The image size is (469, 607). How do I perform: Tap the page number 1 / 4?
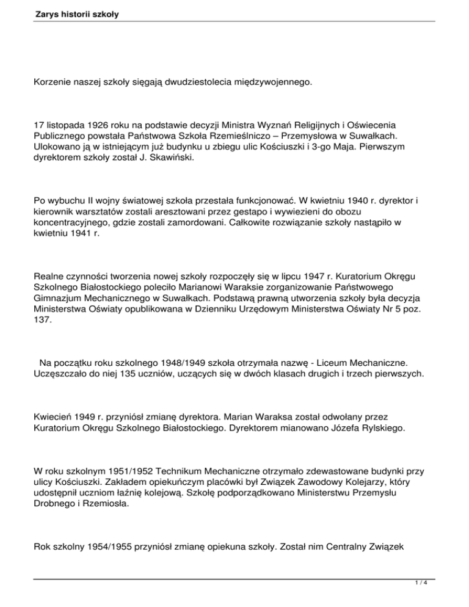pos(454,599)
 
